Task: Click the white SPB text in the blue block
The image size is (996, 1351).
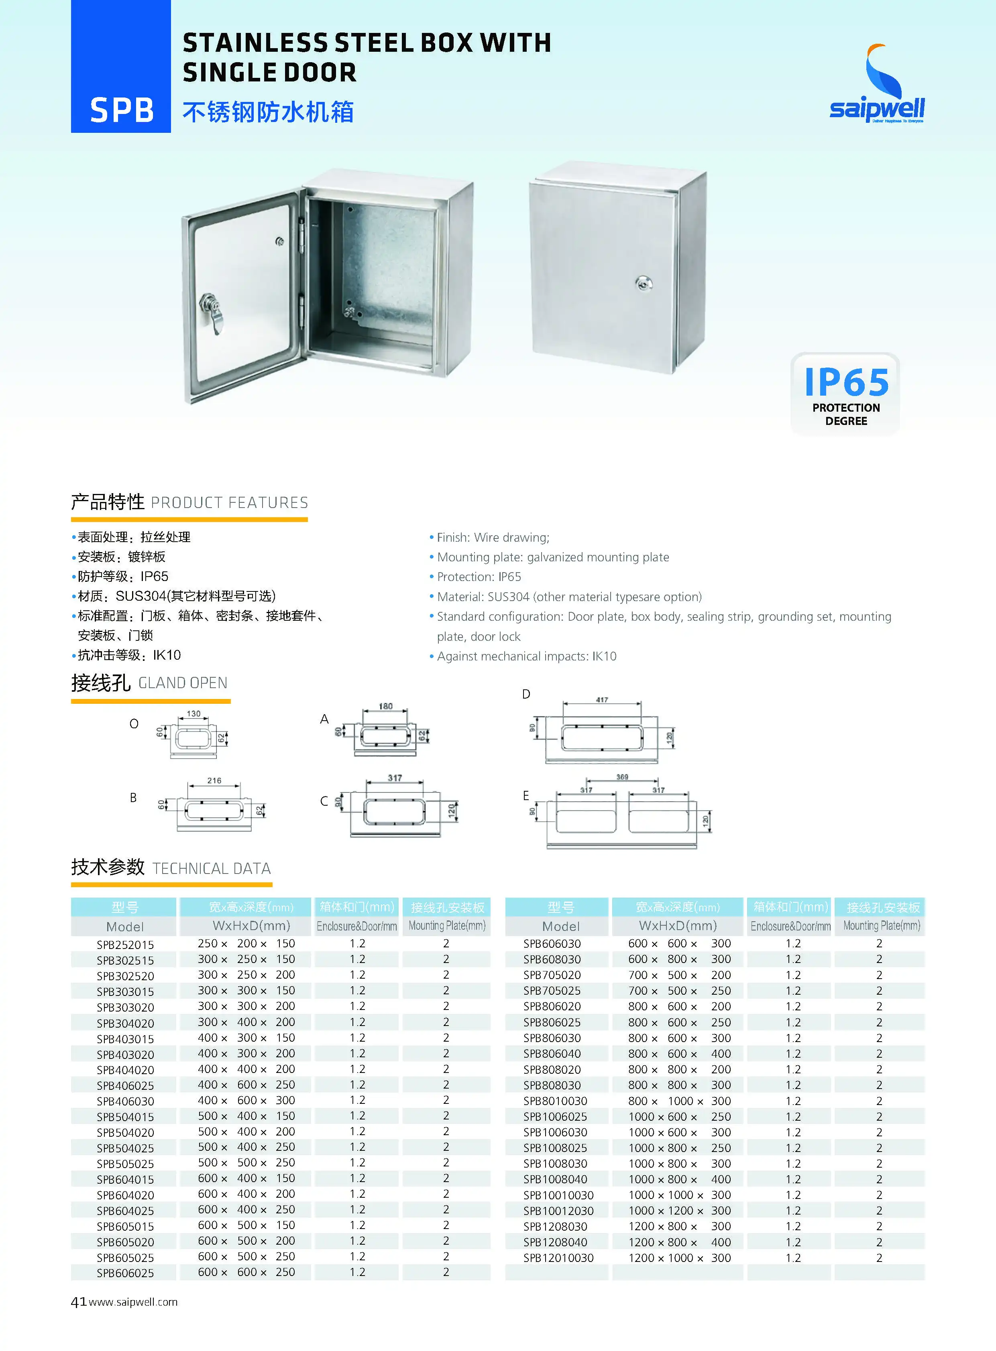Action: [121, 111]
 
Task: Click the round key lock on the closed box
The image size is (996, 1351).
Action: [644, 282]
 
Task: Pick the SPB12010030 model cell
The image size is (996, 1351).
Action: [558, 1258]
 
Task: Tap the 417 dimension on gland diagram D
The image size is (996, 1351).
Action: [602, 700]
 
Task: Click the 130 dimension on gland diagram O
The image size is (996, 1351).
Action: [193, 713]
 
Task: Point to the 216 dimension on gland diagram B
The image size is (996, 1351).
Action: [214, 780]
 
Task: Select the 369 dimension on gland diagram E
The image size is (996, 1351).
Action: [622, 777]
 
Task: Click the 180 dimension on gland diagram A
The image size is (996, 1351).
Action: [386, 706]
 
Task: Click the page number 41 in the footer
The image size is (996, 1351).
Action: [78, 1302]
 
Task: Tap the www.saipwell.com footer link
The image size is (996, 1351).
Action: [133, 1302]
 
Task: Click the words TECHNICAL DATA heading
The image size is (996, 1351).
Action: [212, 868]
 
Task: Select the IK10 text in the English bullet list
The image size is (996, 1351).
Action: [604, 656]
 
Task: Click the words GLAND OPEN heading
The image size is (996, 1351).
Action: [183, 683]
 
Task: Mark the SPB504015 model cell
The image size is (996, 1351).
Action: [125, 1117]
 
